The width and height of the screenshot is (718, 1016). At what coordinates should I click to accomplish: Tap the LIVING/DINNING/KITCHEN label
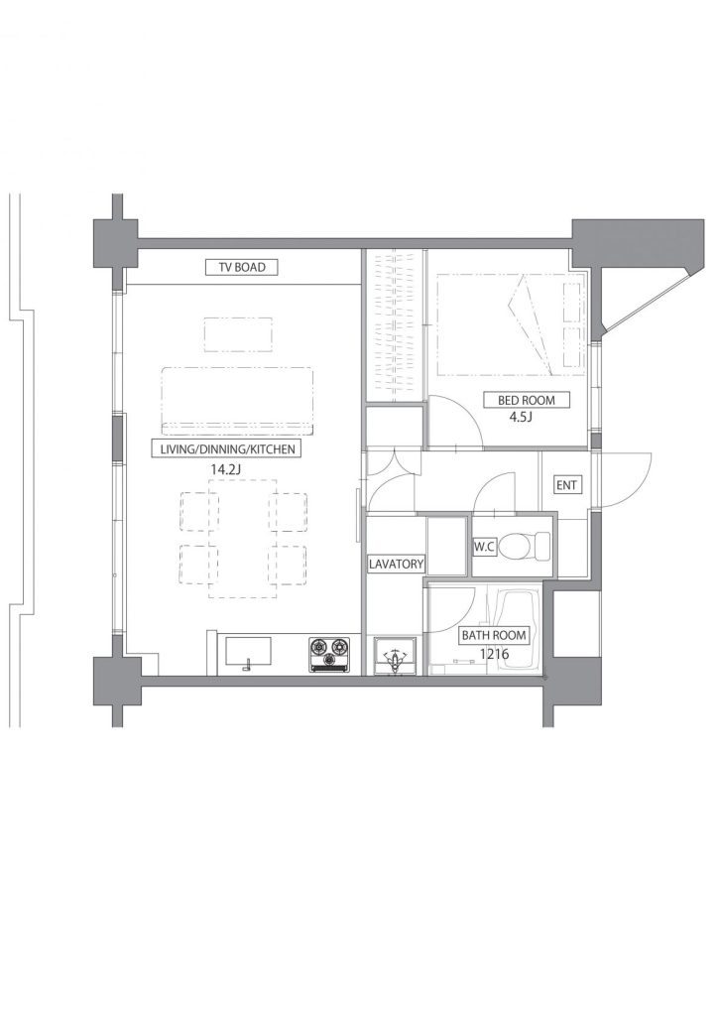[x=223, y=448]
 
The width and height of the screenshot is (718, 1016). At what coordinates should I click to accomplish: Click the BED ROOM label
[x=527, y=400]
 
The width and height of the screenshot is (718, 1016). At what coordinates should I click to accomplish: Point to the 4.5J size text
[x=520, y=418]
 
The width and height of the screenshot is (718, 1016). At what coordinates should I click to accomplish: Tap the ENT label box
[x=566, y=484]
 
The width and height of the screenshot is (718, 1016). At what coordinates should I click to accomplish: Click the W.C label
[x=484, y=547]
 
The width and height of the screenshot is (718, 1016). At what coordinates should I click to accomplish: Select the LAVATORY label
[x=396, y=564]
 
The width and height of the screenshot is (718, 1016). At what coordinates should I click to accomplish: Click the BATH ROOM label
[x=493, y=636]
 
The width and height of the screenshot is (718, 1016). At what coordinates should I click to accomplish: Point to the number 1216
[x=494, y=654]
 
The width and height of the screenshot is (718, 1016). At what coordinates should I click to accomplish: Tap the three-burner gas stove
[x=329, y=655]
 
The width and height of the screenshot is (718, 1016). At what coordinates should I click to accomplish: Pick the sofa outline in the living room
[x=237, y=401]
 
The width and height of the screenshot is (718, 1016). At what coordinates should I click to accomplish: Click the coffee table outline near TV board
[x=238, y=334]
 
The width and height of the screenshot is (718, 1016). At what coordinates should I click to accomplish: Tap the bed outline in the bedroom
[x=510, y=324]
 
